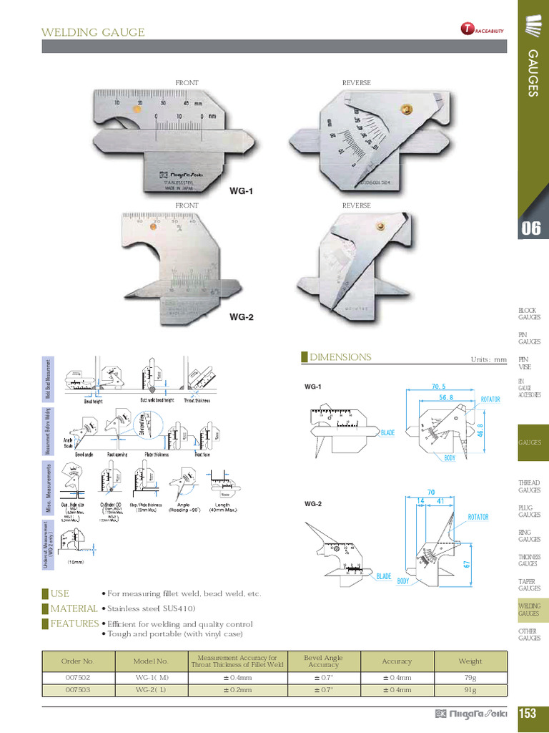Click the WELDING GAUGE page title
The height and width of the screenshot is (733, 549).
[x=93, y=32]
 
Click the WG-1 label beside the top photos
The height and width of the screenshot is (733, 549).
[x=241, y=191]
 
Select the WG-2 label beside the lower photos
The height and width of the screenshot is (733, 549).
[x=241, y=316]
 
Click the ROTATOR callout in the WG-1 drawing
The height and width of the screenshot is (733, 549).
[x=490, y=399]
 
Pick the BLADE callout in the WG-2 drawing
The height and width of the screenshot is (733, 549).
[x=384, y=576]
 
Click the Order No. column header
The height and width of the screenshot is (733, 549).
[x=78, y=661]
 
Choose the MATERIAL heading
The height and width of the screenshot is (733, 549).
[x=74, y=608]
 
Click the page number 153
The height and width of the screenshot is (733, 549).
[x=528, y=713]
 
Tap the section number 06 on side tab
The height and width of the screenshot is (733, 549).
[x=530, y=229]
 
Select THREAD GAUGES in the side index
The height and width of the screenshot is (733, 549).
[x=529, y=487]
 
